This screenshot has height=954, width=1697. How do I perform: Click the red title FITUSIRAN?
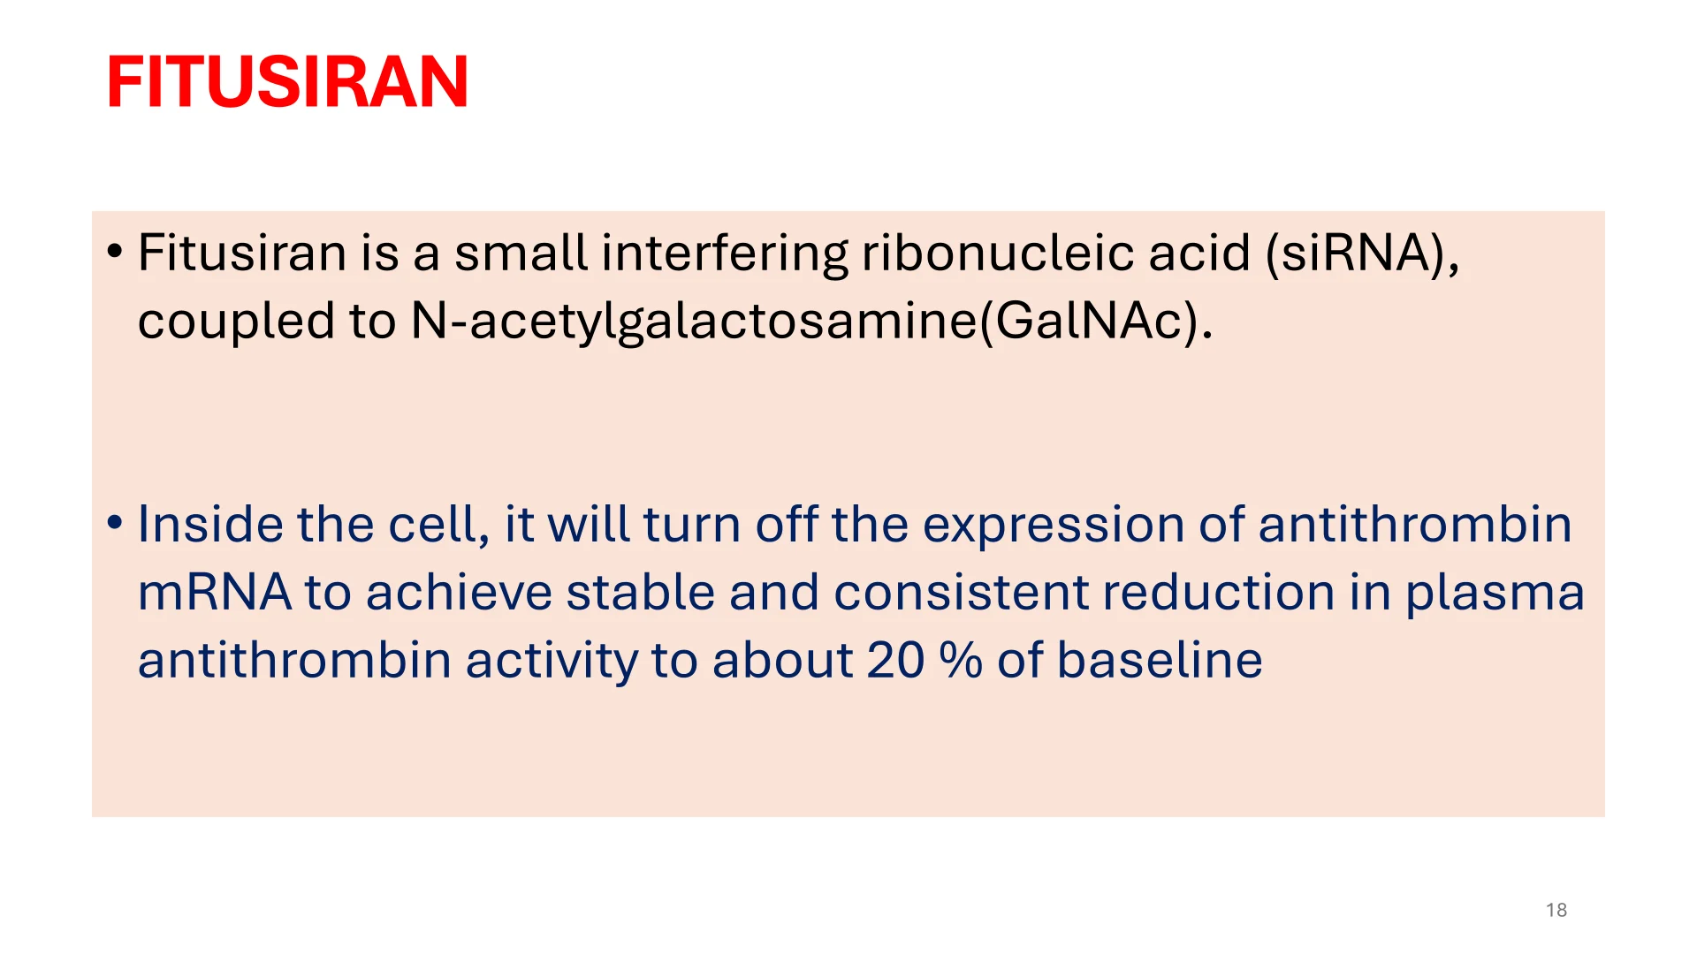click(287, 82)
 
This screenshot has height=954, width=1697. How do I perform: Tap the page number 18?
click(1556, 910)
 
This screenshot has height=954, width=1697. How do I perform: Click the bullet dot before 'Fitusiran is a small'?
click(114, 253)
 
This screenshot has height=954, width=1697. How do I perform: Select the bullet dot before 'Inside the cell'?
click(114, 524)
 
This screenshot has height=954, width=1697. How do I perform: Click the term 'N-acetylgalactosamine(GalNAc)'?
click(811, 322)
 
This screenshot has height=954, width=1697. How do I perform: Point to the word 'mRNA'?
click(215, 593)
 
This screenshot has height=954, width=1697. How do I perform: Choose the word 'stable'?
click(641, 592)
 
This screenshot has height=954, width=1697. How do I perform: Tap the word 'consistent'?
click(962, 593)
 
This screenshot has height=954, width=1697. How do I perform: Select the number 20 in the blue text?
click(896, 661)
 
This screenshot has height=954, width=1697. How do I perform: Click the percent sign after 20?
click(961, 661)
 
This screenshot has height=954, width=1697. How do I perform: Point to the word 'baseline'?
click(1160, 660)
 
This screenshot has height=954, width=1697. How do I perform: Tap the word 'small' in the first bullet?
click(521, 253)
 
